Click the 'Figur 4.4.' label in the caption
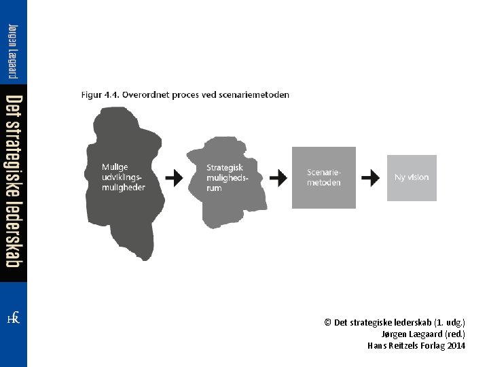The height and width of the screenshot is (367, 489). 99,95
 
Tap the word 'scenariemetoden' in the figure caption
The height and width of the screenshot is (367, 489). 254,95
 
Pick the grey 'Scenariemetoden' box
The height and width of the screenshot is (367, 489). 323,177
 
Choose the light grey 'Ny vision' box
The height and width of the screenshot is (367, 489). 412,177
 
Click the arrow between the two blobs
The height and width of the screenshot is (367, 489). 175,178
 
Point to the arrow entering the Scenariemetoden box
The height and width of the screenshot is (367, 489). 278,178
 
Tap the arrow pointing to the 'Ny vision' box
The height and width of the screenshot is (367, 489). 370,178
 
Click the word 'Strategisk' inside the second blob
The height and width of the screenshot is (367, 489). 224,167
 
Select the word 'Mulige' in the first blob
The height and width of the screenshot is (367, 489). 115,167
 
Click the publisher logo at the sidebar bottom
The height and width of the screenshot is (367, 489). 13,318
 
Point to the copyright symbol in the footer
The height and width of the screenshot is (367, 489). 327,322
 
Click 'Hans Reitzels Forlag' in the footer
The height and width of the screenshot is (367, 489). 405,345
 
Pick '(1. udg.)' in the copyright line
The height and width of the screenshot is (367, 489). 450,322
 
